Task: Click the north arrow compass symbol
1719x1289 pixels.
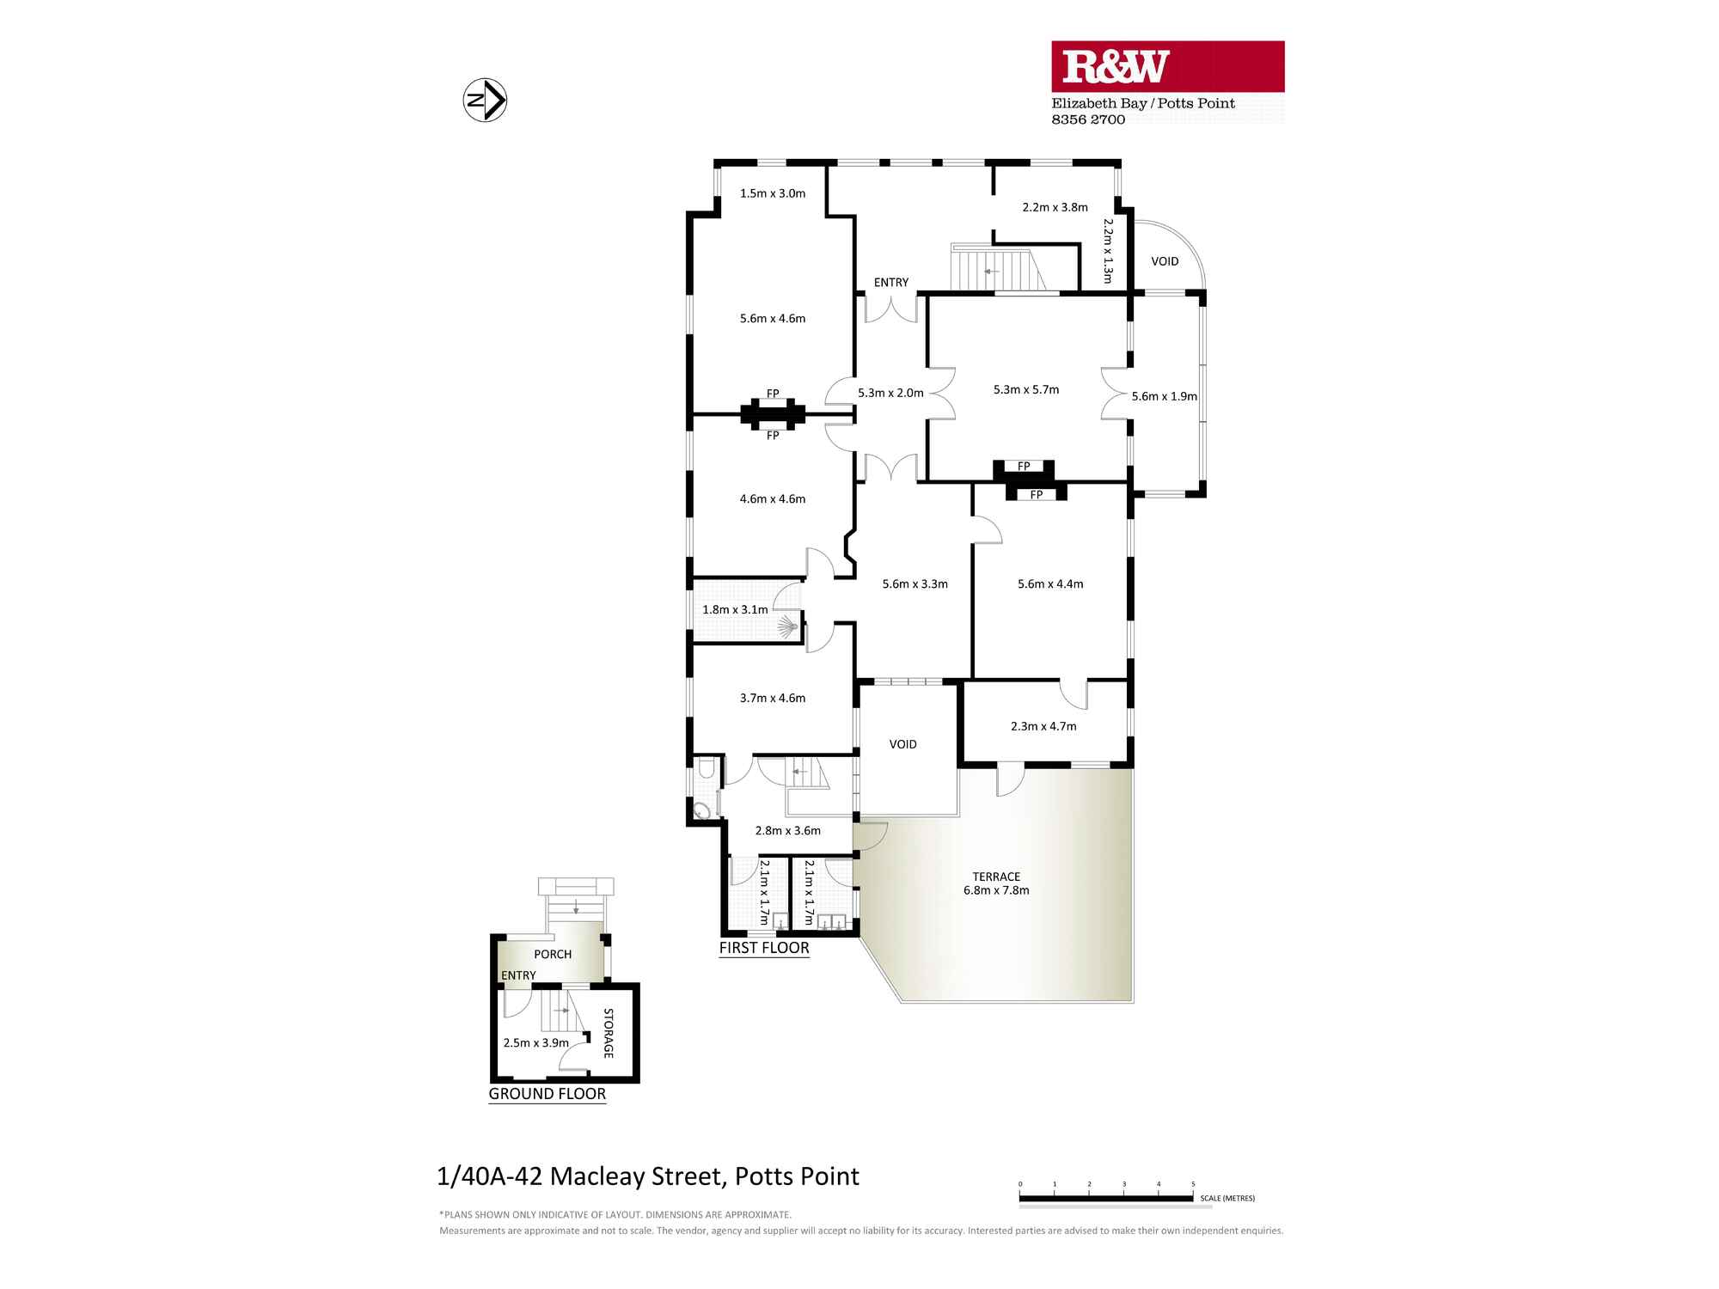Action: click(x=485, y=101)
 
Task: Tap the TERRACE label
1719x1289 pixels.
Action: click(x=996, y=877)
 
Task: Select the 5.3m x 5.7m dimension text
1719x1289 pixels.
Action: click(x=1025, y=389)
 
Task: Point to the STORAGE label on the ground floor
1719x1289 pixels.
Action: click(x=608, y=1033)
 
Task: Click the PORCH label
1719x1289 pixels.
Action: click(x=553, y=954)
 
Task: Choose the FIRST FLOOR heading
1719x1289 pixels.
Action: click(x=764, y=948)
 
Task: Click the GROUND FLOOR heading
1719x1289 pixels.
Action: click(x=548, y=1094)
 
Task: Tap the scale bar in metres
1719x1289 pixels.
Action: click(x=1107, y=1197)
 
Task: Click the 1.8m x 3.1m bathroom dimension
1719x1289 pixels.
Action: click(x=735, y=609)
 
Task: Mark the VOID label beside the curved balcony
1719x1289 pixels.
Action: click(x=1165, y=261)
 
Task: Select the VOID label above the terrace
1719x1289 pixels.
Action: click(x=902, y=744)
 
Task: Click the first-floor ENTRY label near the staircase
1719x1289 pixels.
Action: click(x=891, y=282)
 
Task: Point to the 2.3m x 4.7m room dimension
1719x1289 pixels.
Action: click(x=1043, y=726)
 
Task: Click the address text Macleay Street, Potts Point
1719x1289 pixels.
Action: click(x=648, y=1176)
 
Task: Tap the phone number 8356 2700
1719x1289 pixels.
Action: click(x=1088, y=119)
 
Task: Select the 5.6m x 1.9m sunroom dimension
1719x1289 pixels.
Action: click(x=1164, y=396)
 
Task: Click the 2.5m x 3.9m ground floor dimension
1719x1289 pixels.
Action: click(x=535, y=1042)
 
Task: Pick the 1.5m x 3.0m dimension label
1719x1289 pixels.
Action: click(x=773, y=193)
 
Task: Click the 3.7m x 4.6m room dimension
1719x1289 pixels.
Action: click(x=773, y=698)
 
